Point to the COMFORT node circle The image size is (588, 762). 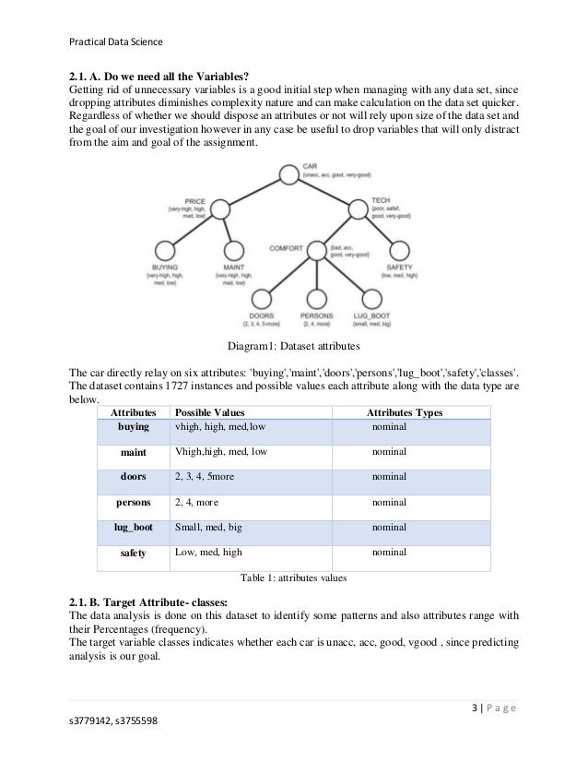tap(316, 249)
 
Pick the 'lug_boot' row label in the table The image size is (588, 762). tap(134, 528)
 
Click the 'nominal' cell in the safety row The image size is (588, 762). tap(388, 553)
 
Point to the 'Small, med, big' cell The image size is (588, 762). tap(206, 528)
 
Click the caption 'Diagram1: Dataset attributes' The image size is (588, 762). tap(293, 347)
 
